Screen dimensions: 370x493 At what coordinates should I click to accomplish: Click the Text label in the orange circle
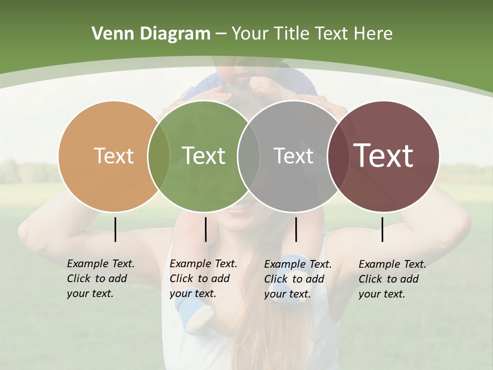[x=113, y=156]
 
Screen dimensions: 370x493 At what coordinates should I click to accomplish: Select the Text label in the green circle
[x=203, y=156]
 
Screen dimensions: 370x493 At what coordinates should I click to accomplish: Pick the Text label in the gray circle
[x=293, y=156]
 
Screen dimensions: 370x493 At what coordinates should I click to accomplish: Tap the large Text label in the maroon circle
[x=384, y=156]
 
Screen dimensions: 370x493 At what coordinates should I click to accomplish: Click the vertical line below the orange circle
[x=115, y=229]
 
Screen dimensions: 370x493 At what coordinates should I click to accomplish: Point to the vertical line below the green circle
[x=205, y=229]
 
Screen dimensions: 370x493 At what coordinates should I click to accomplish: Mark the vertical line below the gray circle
[x=296, y=229]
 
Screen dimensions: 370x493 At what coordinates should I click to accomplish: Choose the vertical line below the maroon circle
[x=382, y=229]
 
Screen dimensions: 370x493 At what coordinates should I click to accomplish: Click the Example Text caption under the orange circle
[x=101, y=279]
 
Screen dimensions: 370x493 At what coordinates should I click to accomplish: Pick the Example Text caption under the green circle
[x=203, y=279]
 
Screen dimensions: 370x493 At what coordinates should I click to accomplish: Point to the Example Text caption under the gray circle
[x=298, y=279]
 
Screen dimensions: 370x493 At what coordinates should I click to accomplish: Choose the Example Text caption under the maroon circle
[x=392, y=279]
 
